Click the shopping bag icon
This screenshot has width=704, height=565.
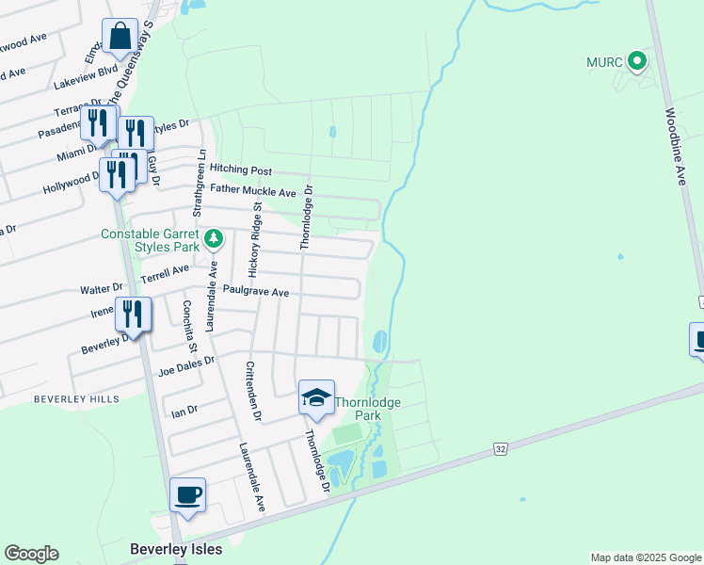pos(120,39)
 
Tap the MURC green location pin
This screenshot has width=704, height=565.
pos(637,62)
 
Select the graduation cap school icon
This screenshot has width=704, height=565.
pos(317,397)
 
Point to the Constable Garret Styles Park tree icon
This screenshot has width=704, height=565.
pos(214,238)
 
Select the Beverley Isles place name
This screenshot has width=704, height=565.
pos(176,549)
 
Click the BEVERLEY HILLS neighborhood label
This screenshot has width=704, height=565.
pos(76,399)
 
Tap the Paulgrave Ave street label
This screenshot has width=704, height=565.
pos(256,293)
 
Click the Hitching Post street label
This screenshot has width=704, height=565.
pos(240,169)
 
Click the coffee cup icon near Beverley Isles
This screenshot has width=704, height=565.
pos(187,495)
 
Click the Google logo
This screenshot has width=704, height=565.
pos(31,554)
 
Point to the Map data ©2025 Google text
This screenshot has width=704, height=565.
pos(645,557)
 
